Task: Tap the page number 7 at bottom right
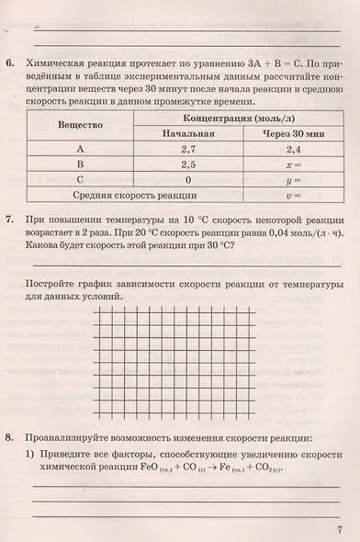click(340, 528)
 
